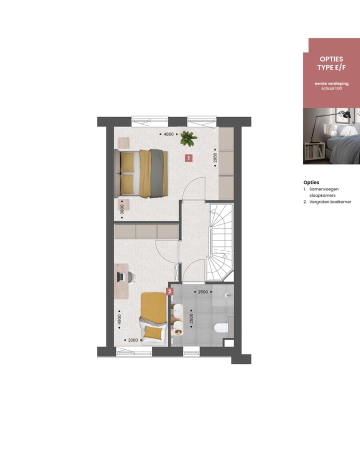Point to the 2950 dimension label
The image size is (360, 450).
click(215, 158)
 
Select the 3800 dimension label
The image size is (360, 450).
click(121, 208)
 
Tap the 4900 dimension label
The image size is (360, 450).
click(119, 319)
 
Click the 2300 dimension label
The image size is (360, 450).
click(133, 340)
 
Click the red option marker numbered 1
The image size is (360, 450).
click(188, 158)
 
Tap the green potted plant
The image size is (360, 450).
click(188, 137)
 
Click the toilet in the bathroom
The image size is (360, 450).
click(220, 328)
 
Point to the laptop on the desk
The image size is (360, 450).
click(121, 276)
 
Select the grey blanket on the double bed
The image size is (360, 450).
click(158, 173)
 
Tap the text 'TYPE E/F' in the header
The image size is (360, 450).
click(331, 67)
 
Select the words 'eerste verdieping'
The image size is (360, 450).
click(331, 83)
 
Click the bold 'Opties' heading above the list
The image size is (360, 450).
click(311, 182)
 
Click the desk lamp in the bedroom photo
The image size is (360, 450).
click(343, 116)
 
